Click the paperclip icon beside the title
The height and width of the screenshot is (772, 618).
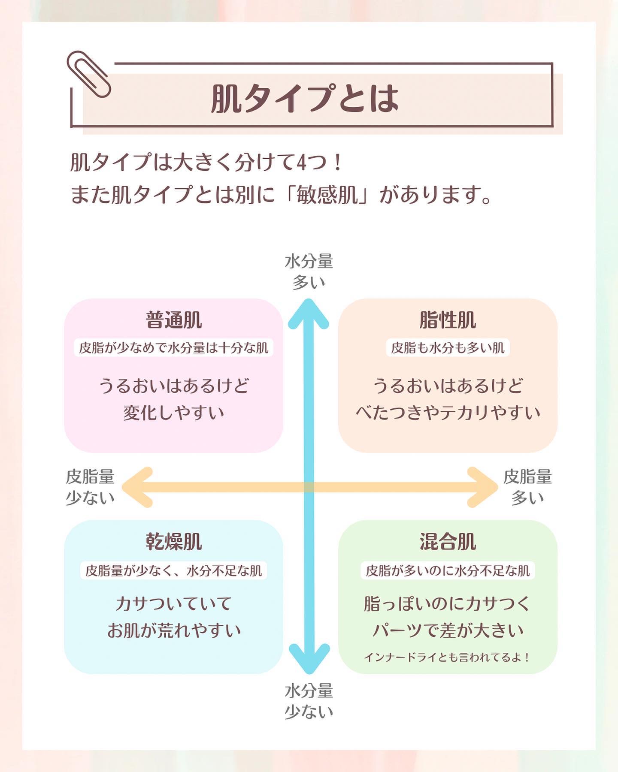coord(89,74)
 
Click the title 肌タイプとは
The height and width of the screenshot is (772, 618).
coord(305,99)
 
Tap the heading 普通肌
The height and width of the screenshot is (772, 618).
coord(173,320)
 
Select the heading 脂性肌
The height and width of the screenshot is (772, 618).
coord(448,320)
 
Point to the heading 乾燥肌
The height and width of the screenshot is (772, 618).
coord(173,542)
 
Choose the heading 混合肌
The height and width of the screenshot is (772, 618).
coord(448,542)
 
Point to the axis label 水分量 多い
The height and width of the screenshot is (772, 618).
coord(309,271)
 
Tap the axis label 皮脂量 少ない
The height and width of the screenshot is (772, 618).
coord(90,487)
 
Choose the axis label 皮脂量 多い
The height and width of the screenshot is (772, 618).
coord(527,487)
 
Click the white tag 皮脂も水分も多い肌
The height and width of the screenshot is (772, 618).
coord(448,348)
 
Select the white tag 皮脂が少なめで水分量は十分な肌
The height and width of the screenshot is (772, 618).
coord(173,348)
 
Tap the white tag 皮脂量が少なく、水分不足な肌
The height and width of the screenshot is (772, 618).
coord(173,571)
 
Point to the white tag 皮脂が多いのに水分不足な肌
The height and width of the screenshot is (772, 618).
coord(448,571)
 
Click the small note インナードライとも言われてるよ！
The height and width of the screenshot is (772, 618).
coord(448,657)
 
